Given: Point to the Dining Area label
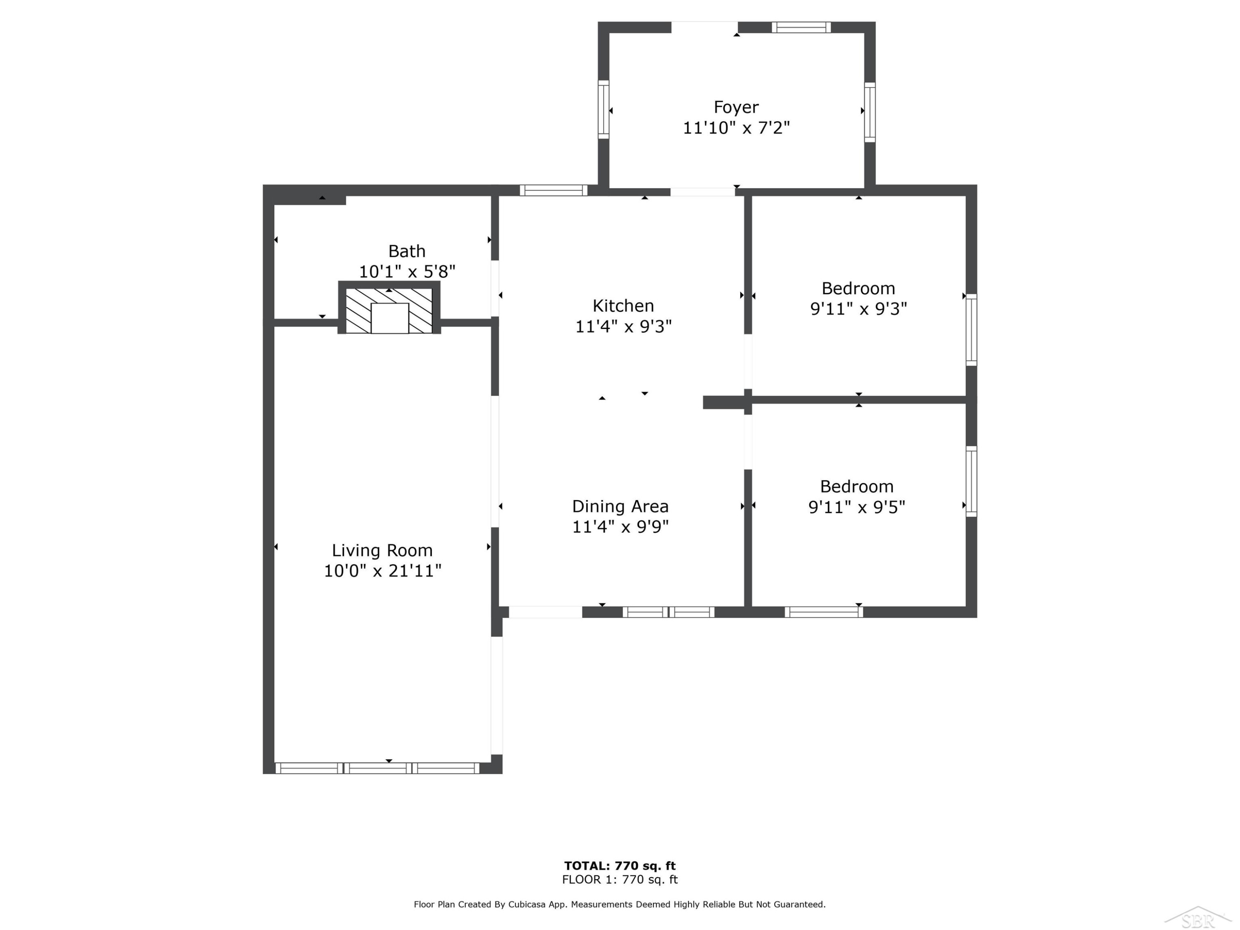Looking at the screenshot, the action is point(620,506).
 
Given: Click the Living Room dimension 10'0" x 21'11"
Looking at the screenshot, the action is point(383,571).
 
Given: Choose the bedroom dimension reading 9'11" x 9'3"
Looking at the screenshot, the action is point(858,308).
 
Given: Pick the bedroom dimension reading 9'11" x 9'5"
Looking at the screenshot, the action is point(856,507).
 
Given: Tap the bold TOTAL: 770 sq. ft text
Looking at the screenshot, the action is point(620,866).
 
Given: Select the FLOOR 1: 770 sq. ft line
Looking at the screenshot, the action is point(620,880).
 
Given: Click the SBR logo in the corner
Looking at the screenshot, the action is point(1198,918).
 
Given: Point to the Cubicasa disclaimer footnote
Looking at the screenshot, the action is point(620,904).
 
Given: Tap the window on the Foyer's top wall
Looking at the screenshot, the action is point(801,27).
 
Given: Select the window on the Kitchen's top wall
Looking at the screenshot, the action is point(553,190).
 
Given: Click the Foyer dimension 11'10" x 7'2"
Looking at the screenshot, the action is point(736,128).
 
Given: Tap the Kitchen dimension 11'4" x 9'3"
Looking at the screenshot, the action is point(623,326).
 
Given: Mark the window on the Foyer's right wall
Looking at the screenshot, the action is point(870,112).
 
